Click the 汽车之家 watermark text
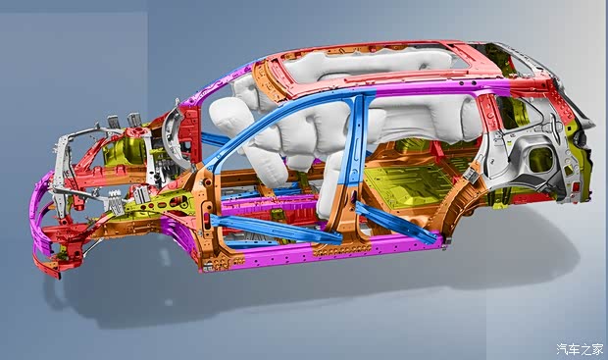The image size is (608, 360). coord(580,349)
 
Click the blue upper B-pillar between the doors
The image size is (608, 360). coord(356,139)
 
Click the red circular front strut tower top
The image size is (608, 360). coord(133,131)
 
